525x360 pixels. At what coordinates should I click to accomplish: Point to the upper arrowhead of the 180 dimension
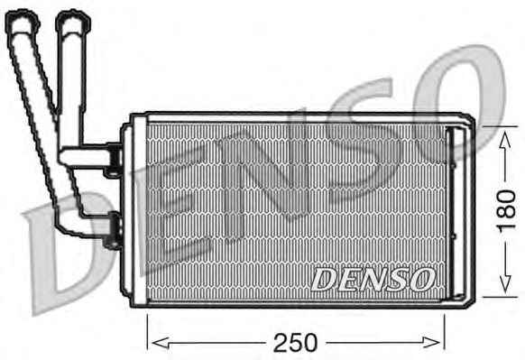click(502, 134)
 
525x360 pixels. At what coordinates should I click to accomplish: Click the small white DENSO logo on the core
click(372, 279)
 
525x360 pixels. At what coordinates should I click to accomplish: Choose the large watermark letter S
click(361, 144)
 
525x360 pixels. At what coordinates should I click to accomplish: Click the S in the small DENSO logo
click(397, 279)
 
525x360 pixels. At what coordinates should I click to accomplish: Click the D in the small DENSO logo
click(323, 279)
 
